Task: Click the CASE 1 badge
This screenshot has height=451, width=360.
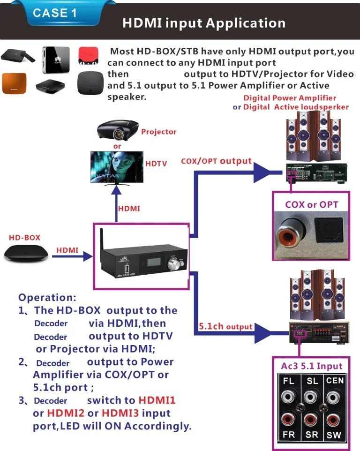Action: pos(54,13)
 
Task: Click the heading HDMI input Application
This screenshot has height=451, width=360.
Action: pos(204,23)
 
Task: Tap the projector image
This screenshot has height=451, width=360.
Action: pos(118,130)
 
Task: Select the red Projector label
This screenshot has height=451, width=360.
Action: pos(159,132)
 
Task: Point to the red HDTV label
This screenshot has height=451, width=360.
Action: pos(156,164)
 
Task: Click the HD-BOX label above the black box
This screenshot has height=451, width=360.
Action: pos(25,238)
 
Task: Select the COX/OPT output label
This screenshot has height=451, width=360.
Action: pos(216,161)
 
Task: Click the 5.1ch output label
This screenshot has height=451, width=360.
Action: pos(225,327)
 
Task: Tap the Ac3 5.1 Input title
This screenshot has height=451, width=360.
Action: pos(312,366)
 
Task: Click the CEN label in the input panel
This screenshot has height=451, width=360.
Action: pos(335,381)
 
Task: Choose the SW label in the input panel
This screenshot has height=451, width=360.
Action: pos(334,435)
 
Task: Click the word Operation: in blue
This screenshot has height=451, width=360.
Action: pos(47,297)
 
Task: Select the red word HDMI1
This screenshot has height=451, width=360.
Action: pos(157,401)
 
